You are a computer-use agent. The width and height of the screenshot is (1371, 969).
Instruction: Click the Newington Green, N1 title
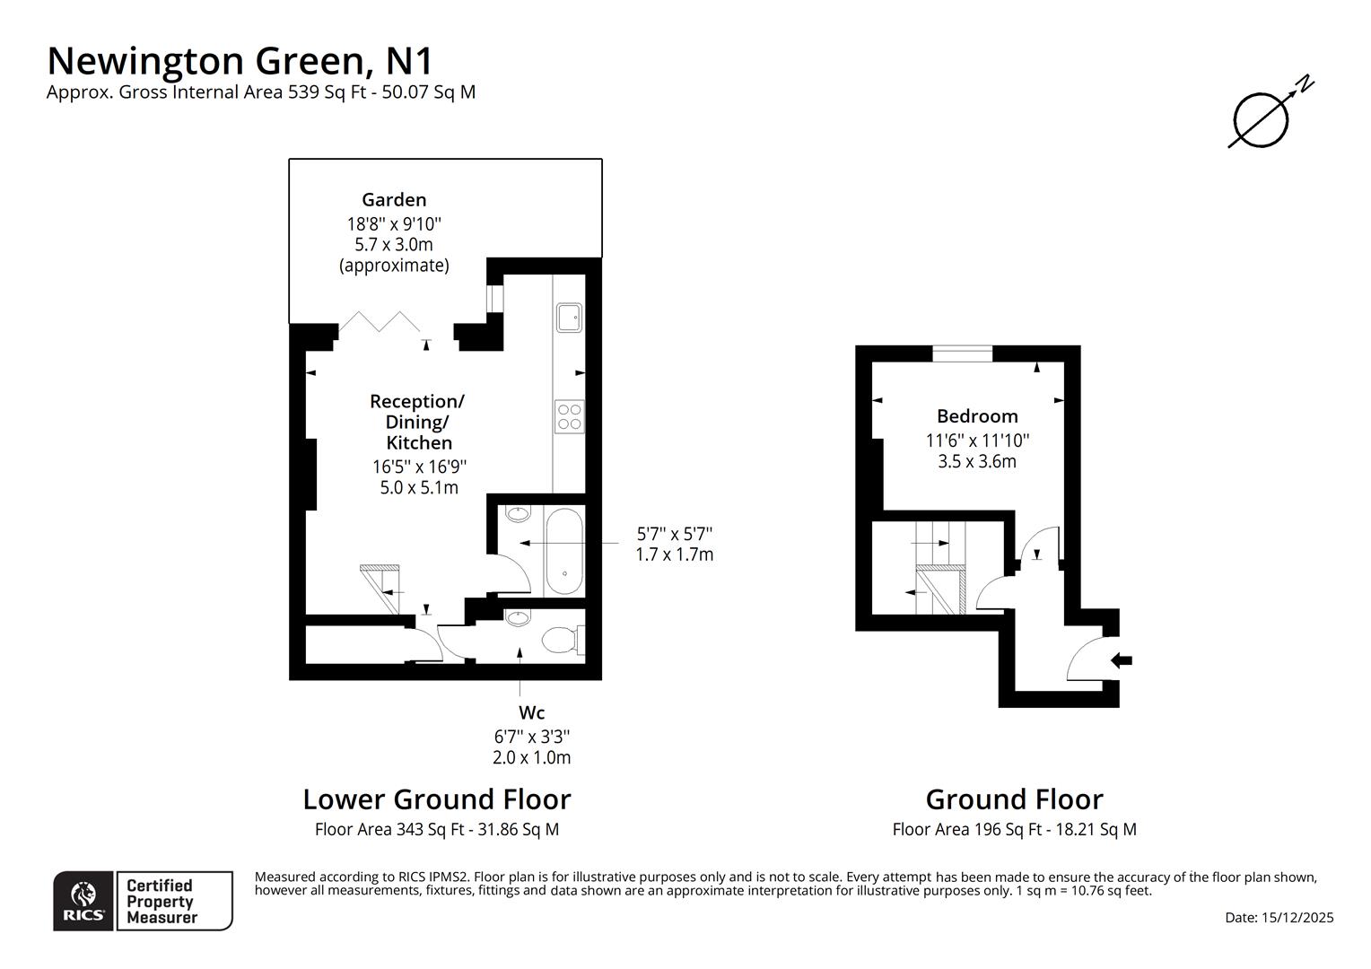pyautogui.click(x=240, y=61)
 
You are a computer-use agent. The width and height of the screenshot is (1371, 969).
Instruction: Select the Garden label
pyautogui.click(x=394, y=200)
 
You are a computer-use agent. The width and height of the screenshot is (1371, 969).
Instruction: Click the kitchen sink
pyautogui.click(x=569, y=317)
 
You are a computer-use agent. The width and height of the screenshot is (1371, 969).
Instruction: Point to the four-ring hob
pyautogui.click(x=569, y=416)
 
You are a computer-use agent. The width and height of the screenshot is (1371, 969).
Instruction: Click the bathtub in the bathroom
pyautogui.click(x=563, y=552)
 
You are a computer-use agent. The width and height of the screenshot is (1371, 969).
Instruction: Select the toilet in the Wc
pyautogui.click(x=560, y=641)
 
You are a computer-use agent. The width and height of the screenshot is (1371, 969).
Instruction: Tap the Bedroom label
pyautogui.click(x=977, y=416)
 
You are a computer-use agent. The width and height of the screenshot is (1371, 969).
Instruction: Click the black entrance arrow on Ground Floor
pyautogui.click(x=1122, y=660)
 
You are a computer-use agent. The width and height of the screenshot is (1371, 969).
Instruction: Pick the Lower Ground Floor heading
pyautogui.click(x=436, y=799)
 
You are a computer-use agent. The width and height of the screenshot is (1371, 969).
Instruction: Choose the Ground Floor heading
pyautogui.click(x=1014, y=799)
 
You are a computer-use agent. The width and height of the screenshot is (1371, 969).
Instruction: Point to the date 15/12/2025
pyautogui.click(x=1279, y=917)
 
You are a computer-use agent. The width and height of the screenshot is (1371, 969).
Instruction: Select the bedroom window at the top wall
pyautogui.click(x=962, y=354)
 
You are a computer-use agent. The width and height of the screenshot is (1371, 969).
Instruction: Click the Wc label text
pyautogui.click(x=531, y=712)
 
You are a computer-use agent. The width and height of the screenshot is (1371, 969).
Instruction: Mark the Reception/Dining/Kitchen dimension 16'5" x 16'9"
pyautogui.click(x=419, y=467)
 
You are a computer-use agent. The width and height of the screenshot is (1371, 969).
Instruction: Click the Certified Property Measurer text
pyautogui.click(x=162, y=901)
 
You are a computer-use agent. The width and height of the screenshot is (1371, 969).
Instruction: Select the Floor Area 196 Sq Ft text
pyautogui.click(x=1014, y=829)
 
